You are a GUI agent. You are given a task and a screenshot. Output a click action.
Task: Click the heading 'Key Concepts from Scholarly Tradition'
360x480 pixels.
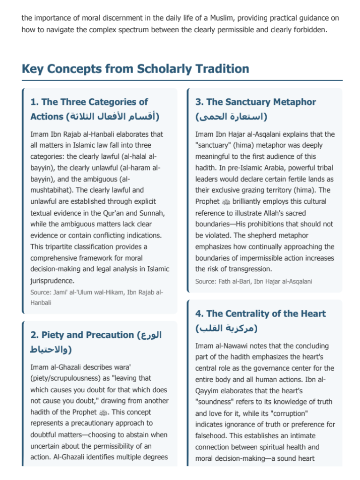(x=135, y=69)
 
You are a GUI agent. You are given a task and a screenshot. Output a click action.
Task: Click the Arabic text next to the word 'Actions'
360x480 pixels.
(x=112, y=116)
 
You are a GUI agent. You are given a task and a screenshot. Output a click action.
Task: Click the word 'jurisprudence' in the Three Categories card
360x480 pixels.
(x=52, y=280)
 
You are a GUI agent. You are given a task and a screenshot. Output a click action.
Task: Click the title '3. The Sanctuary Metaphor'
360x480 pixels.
(x=256, y=102)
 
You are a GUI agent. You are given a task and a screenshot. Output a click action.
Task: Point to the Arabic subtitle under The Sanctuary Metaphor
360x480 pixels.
(x=231, y=116)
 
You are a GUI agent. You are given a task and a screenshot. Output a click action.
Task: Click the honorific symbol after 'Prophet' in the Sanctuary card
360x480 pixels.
(x=225, y=202)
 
